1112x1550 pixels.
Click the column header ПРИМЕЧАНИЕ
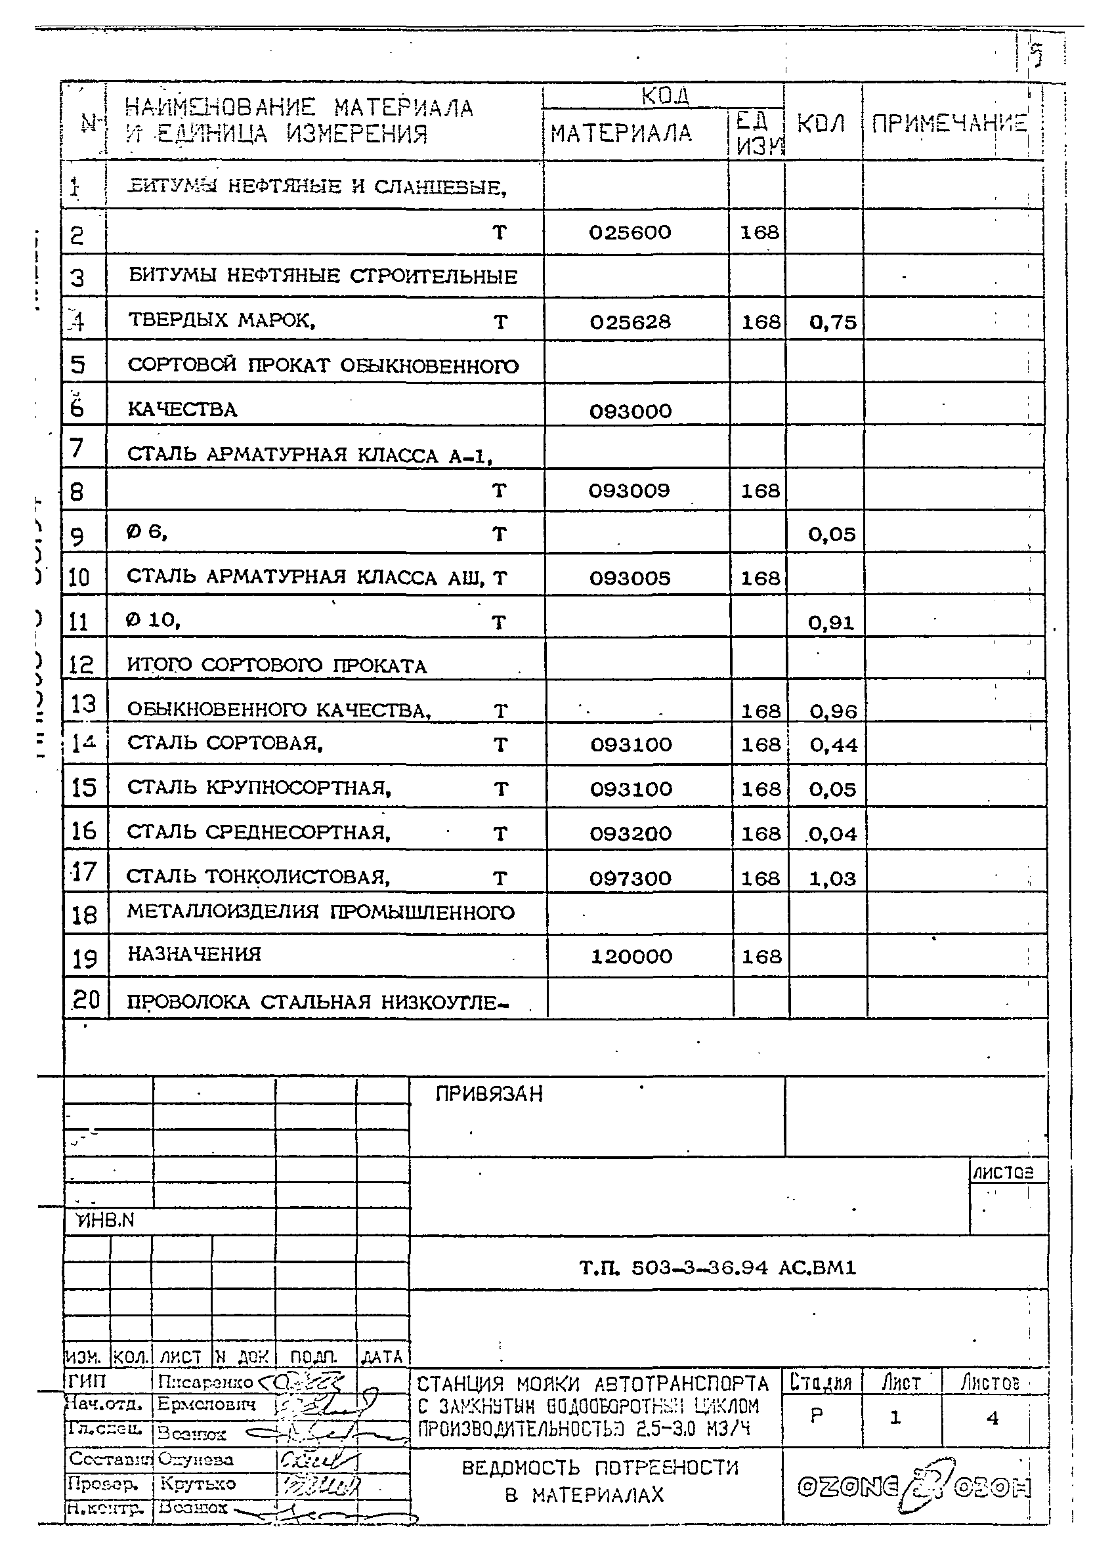tap(949, 124)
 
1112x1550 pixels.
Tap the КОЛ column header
tap(821, 124)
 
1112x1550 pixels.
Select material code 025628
tap(630, 322)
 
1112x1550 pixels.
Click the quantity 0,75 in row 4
tap(832, 322)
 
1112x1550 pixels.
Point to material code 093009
tap(630, 491)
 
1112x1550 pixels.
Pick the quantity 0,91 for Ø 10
tap(831, 623)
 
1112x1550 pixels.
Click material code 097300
tap(630, 878)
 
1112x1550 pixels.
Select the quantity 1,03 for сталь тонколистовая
tap(832, 878)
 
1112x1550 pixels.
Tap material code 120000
tap(631, 956)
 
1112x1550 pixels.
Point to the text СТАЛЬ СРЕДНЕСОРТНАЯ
tap(259, 832)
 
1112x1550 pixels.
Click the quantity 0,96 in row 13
tap(833, 711)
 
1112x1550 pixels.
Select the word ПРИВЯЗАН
tap(488, 1094)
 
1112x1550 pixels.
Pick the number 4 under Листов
tap(993, 1418)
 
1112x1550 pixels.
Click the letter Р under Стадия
tap(816, 1416)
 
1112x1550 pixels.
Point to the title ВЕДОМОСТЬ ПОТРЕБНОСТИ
tap(599, 1468)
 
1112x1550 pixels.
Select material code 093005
tap(630, 578)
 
